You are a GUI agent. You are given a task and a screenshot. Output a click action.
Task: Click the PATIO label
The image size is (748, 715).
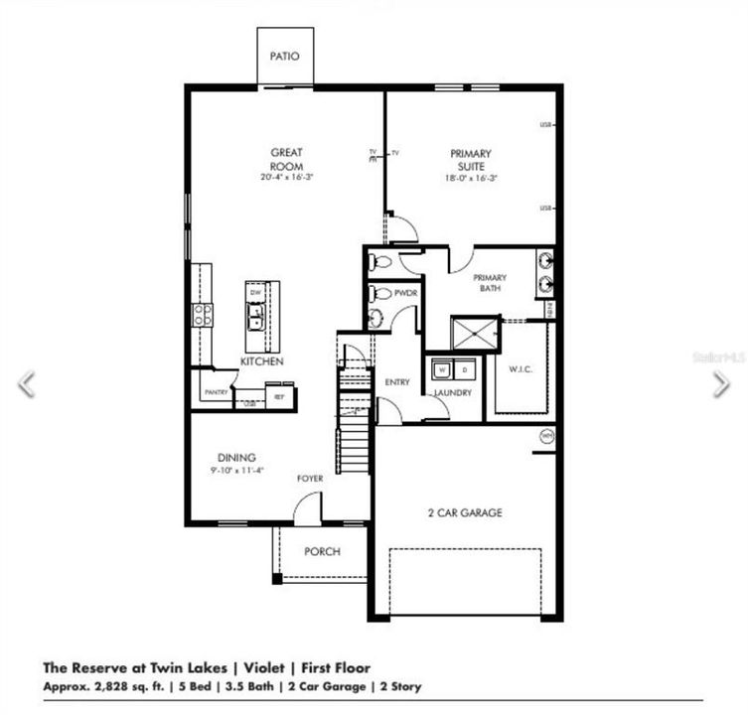tap(285, 57)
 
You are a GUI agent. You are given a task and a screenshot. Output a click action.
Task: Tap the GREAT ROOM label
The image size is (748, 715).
tap(286, 159)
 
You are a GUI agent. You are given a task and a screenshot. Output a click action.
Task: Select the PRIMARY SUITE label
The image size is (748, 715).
tap(470, 159)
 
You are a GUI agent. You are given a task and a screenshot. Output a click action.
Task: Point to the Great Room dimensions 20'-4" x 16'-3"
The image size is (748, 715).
tap(286, 178)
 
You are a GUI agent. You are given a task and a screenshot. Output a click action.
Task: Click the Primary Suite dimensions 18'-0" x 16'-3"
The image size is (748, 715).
tap(470, 178)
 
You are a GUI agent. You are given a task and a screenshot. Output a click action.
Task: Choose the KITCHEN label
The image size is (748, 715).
tap(262, 361)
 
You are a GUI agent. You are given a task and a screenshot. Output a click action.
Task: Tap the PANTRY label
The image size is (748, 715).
tap(217, 392)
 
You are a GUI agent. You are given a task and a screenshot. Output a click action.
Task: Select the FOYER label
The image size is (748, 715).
tap(310, 479)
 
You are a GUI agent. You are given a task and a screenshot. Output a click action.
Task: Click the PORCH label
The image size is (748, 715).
tap(322, 552)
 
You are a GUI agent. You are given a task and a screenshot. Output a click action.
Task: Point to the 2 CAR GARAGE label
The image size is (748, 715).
tap(465, 513)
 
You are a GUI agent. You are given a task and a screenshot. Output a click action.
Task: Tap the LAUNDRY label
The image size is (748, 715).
tap(452, 393)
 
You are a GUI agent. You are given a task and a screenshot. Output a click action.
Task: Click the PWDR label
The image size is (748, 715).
tap(404, 294)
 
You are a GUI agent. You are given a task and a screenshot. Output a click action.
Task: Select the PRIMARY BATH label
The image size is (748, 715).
tap(490, 283)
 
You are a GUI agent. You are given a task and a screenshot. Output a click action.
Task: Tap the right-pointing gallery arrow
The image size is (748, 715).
tap(721, 384)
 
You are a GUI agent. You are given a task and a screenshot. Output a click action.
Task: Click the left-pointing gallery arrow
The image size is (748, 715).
tap(27, 384)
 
